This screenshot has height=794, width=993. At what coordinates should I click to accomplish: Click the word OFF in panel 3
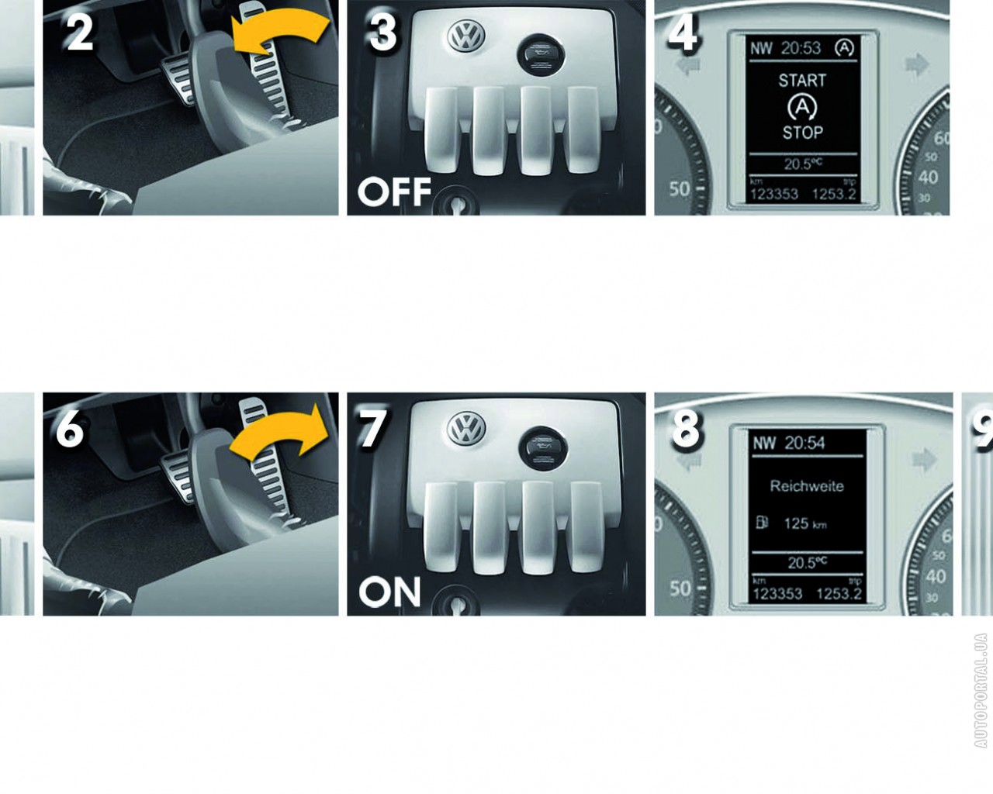[395, 192]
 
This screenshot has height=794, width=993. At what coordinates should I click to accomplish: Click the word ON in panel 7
[390, 592]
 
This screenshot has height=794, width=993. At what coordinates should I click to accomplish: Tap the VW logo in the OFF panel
[466, 35]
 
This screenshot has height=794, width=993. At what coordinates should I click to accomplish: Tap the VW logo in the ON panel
[466, 429]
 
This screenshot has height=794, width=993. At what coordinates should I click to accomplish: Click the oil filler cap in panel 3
[541, 54]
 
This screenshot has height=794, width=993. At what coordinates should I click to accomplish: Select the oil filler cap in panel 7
[541, 449]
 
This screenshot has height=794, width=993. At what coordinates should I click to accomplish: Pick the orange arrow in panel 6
[282, 431]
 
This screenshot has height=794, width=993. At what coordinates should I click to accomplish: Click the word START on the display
[802, 81]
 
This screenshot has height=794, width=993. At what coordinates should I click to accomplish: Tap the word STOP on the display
[802, 133]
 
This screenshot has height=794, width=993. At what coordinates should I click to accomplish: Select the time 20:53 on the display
[801, 48]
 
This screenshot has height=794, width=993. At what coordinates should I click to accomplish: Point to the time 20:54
[804, 443]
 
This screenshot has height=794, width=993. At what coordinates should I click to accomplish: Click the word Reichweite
[807, 486]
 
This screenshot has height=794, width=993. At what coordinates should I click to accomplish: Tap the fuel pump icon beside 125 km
[762, 523]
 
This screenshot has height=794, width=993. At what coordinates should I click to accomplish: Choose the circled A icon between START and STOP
[802, 106]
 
